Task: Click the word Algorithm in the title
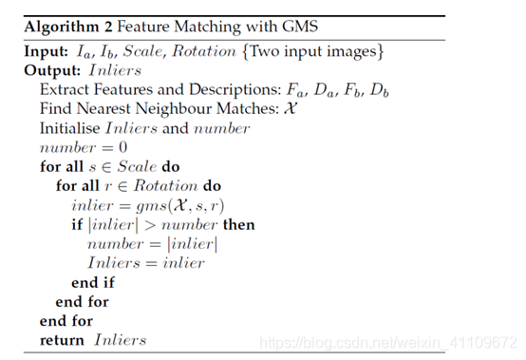62,27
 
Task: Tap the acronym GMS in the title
300,27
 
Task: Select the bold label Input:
47,51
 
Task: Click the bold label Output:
52,70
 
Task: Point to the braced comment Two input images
312,51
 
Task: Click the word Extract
65,89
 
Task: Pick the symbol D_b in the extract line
379,90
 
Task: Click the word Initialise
69,128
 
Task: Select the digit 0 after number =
122,147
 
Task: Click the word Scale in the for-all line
137,167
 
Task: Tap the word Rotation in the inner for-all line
166,186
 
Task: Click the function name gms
151,206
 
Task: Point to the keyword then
239,224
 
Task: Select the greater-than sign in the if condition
150,225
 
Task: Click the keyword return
62,340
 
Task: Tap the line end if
93,282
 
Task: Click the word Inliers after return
120,340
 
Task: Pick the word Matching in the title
208,27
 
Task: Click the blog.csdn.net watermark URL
388,343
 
